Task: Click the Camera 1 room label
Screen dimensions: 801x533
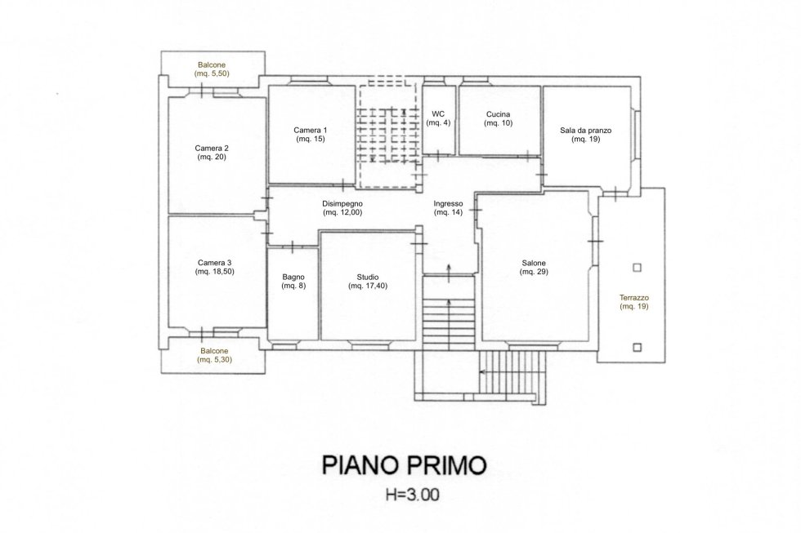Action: (310, 130)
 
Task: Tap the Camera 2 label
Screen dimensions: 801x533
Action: (212, 148)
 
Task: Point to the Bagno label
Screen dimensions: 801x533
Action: (293, 277)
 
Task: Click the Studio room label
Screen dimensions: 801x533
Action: (368, 277)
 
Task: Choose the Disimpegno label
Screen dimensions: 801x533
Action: (342, 203)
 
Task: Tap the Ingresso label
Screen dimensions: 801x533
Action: (448, 203)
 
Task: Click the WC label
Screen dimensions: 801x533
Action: (438, 113)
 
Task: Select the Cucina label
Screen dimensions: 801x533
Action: (498, 114)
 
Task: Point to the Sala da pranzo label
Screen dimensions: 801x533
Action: (585, 130)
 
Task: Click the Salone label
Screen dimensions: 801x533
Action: (534, 263)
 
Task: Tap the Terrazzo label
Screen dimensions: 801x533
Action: (634, 297)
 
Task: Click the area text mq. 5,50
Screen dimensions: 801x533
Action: (212, 73)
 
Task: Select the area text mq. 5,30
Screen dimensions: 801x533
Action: (214, 360)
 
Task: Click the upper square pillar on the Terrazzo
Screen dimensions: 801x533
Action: (637, 267)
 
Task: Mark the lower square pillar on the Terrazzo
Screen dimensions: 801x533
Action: (637, 348)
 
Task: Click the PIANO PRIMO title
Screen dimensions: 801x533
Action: (404, 465)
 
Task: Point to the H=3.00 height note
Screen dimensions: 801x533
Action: (412, 495)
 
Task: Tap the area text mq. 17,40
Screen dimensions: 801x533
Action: (368, 286)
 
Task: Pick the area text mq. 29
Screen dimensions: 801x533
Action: (534, 272)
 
